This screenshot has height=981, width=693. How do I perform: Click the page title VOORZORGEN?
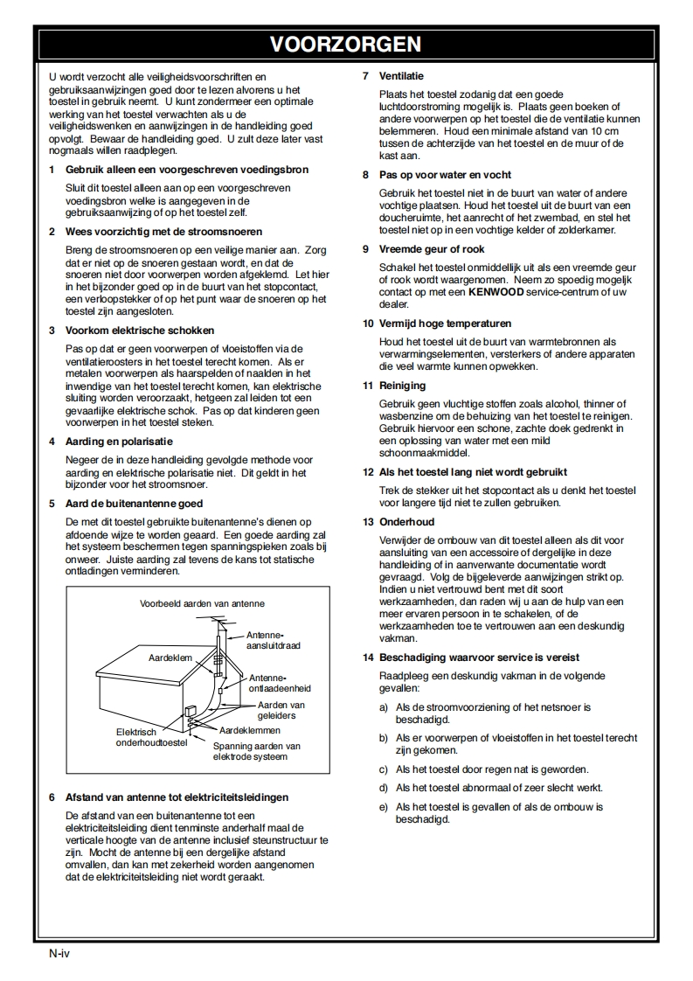pos(345,45)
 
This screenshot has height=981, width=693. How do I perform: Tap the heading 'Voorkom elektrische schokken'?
pos(128,330)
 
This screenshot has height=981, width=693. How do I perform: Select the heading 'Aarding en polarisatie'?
pos(120,442)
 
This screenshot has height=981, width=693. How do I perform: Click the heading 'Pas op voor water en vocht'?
pos(445,175)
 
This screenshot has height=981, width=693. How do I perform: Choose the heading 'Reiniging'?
pos(402,386)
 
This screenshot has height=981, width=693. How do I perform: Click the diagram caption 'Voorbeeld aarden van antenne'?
pos(202,603)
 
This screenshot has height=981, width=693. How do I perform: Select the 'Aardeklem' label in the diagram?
pos(170,657)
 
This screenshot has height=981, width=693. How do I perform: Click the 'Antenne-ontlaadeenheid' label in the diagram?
pos(279,683)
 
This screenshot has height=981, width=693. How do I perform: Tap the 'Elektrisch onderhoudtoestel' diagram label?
pos(150,737)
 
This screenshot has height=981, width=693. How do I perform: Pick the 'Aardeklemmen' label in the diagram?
pos(250,730)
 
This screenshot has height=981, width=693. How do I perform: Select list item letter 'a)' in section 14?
pos(383,707)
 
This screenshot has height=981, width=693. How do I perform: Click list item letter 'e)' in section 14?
pos(383,807)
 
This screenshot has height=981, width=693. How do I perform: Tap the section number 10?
pos(368,324)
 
